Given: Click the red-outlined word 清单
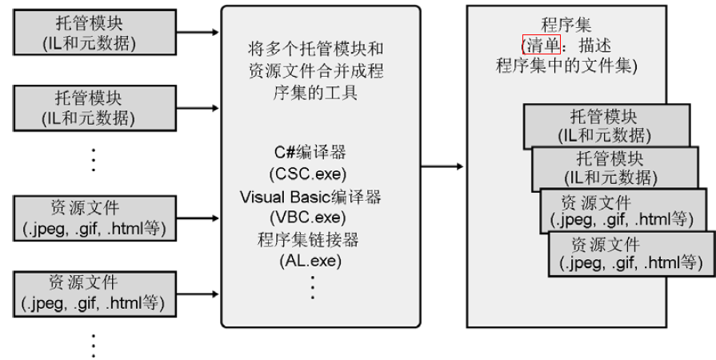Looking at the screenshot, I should (x=541, y=44).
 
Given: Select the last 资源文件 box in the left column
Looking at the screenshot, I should (x=94, y=293).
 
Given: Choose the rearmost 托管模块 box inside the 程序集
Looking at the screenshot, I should (x=606, y=125).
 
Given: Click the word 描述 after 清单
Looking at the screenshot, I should (x=590, y=44).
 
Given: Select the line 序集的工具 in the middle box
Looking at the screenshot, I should (x=313, y=94).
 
